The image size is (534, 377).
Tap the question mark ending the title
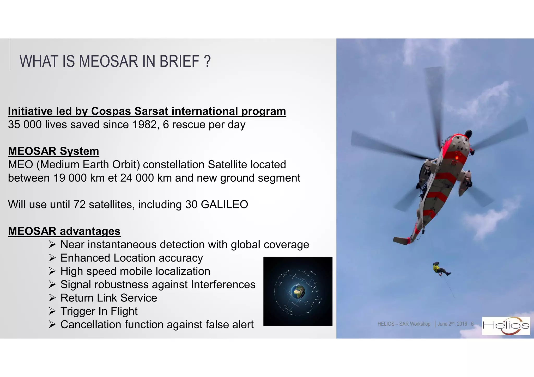point(207,61)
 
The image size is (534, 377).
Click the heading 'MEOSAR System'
point(53,151)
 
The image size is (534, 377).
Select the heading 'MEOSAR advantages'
point(64,231)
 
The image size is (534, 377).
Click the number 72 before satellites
point(80,205)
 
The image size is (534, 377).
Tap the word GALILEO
point(224,205)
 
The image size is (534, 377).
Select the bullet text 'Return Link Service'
point(109,298)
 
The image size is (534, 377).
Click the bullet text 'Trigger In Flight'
point(99,311)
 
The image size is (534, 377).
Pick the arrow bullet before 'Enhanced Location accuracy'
point(52,258)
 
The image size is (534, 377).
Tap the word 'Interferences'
point(223,285)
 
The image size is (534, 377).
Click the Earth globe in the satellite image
point(298,291)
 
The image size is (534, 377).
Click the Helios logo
point(506,326)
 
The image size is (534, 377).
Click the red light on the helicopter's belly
point(457,158)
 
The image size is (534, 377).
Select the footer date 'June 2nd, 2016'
point(452,324)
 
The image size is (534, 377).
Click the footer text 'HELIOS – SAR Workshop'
point(404,324)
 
